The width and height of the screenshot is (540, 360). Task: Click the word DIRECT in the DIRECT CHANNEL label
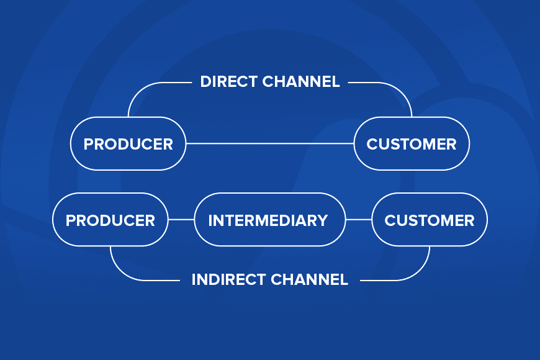pyautogui.click(x=229, y=81)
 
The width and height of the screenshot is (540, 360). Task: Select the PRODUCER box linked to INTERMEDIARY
pyautogui.click(x=110, y=220)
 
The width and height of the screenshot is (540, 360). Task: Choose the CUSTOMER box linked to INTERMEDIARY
pyautogui.click(x=429, y=220)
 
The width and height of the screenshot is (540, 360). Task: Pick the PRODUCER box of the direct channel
pyautogui.click(x=128, y=144)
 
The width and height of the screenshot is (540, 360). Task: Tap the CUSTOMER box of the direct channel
pyautogui.click(x=411, y=144)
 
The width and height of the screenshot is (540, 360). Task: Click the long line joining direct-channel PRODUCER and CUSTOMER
pyautogui.click(x=270, y=143)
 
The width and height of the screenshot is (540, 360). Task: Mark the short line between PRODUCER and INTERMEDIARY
pyautogui.click(x=181, y=220)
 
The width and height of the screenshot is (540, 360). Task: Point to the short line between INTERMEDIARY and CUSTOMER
pyautogui.click(x=358, y=220)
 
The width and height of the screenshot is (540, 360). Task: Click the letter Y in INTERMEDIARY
pyautogui.click(x=322, y=220)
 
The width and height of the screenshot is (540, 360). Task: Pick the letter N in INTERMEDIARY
pyautogui.click(x=218, y=220)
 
